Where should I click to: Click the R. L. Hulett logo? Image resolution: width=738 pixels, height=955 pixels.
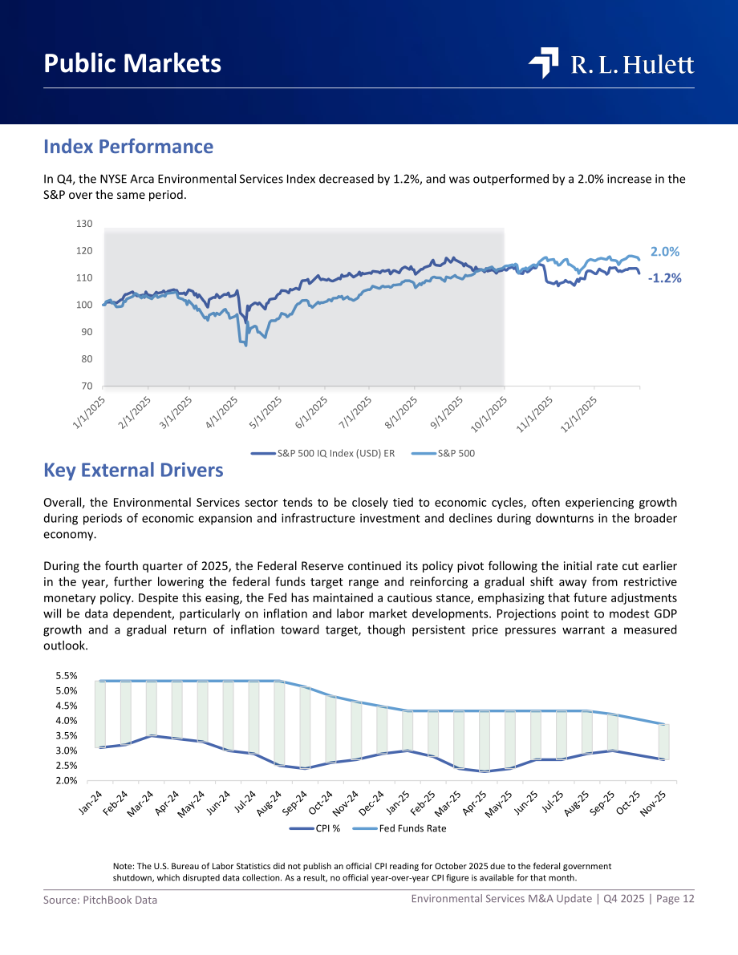[611, 63]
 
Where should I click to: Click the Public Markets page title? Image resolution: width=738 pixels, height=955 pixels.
[132, 63]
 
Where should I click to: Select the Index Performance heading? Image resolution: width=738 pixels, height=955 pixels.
[128, 146]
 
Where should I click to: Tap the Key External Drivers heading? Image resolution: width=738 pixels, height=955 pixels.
[133, 470]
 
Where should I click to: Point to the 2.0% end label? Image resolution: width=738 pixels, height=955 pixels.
[665, 252]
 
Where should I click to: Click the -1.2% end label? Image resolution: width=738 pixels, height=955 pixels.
[665, 277]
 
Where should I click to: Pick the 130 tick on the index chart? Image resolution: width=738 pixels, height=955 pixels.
[84, 224]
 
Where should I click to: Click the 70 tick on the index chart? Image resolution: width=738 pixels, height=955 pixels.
[86, 386]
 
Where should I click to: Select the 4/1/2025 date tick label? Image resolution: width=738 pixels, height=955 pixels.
[222, 412]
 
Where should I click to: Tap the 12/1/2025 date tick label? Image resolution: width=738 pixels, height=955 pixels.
[579, 415]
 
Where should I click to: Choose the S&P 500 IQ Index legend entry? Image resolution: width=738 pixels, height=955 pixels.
[323, 453]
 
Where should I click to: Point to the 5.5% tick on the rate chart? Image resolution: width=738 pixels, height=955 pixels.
[67, 675]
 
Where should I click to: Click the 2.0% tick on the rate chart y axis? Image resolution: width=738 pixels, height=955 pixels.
[67, 780]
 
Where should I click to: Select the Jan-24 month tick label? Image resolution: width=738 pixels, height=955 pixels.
[91, 802]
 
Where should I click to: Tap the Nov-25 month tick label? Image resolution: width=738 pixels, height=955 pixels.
[653, 803]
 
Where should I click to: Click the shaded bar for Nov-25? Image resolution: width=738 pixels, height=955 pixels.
[663, 742]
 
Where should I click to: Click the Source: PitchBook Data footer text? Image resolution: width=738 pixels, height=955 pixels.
[100, 900]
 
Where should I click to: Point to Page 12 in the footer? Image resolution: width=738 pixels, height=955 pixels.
[675, 898]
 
